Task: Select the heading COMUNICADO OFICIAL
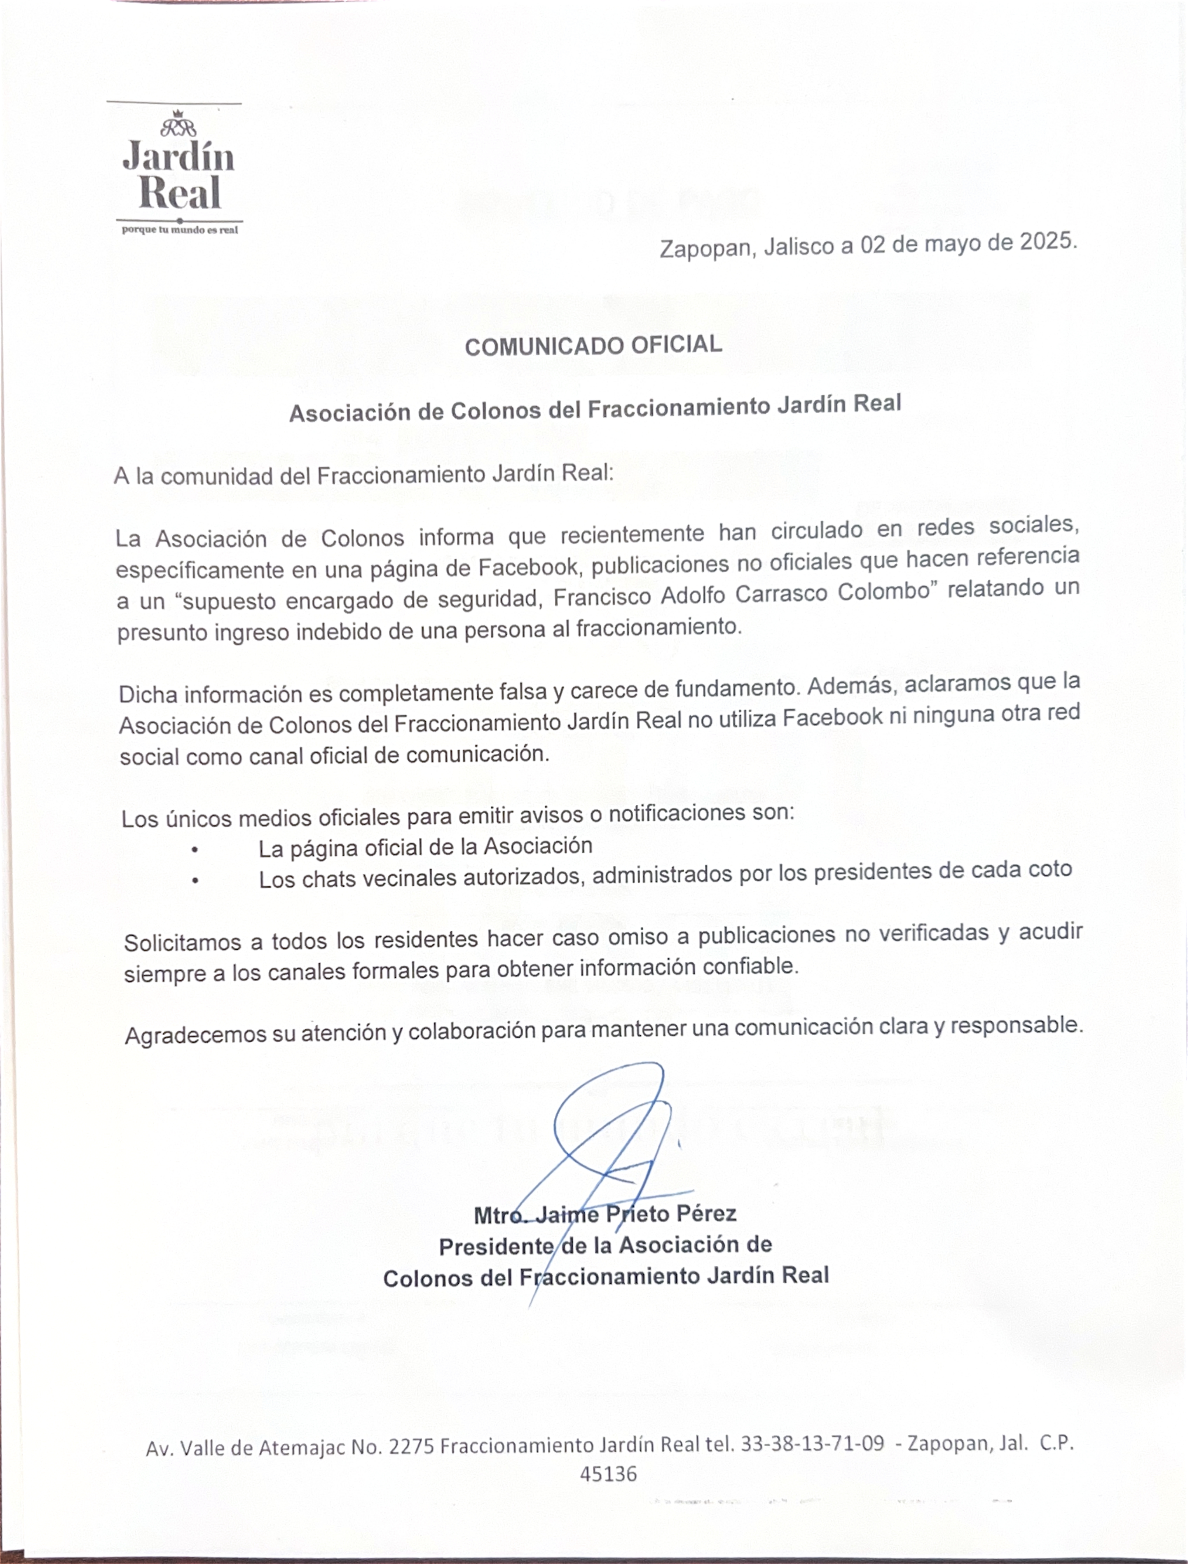593,345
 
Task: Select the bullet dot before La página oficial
195,850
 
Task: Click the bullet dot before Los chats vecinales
195,881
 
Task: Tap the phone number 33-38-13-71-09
812,1444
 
